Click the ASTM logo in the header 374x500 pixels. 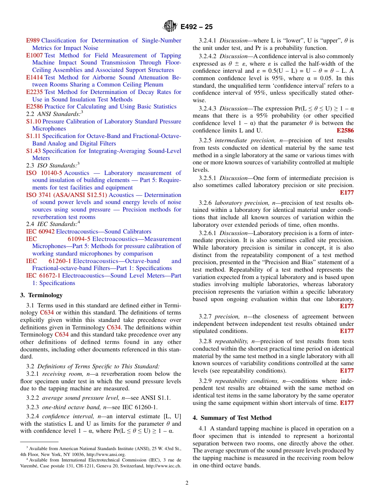pyautogui.click(x=170, y=27)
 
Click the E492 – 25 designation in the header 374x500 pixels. pyautogui.click(x=196, y=27)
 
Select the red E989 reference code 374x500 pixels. pyautogui.click(x=33, y=40)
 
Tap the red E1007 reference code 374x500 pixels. pyautogui.click(x=34, y=55)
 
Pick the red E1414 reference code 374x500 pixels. pyautogui.click(x=34, y=77)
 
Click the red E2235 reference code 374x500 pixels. pyautogui.click(x=34, y=92)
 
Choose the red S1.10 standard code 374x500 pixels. pyautogui.click(x=33, y=121)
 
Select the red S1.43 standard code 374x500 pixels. pyautogui.click(x=33, y=151)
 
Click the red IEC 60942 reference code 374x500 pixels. pyautogui.click(x=40, y=232)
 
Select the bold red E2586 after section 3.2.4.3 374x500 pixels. pyautogui.click(x=345, y=131)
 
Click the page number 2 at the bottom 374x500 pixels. pyautogui.click(x=187, y=483)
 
